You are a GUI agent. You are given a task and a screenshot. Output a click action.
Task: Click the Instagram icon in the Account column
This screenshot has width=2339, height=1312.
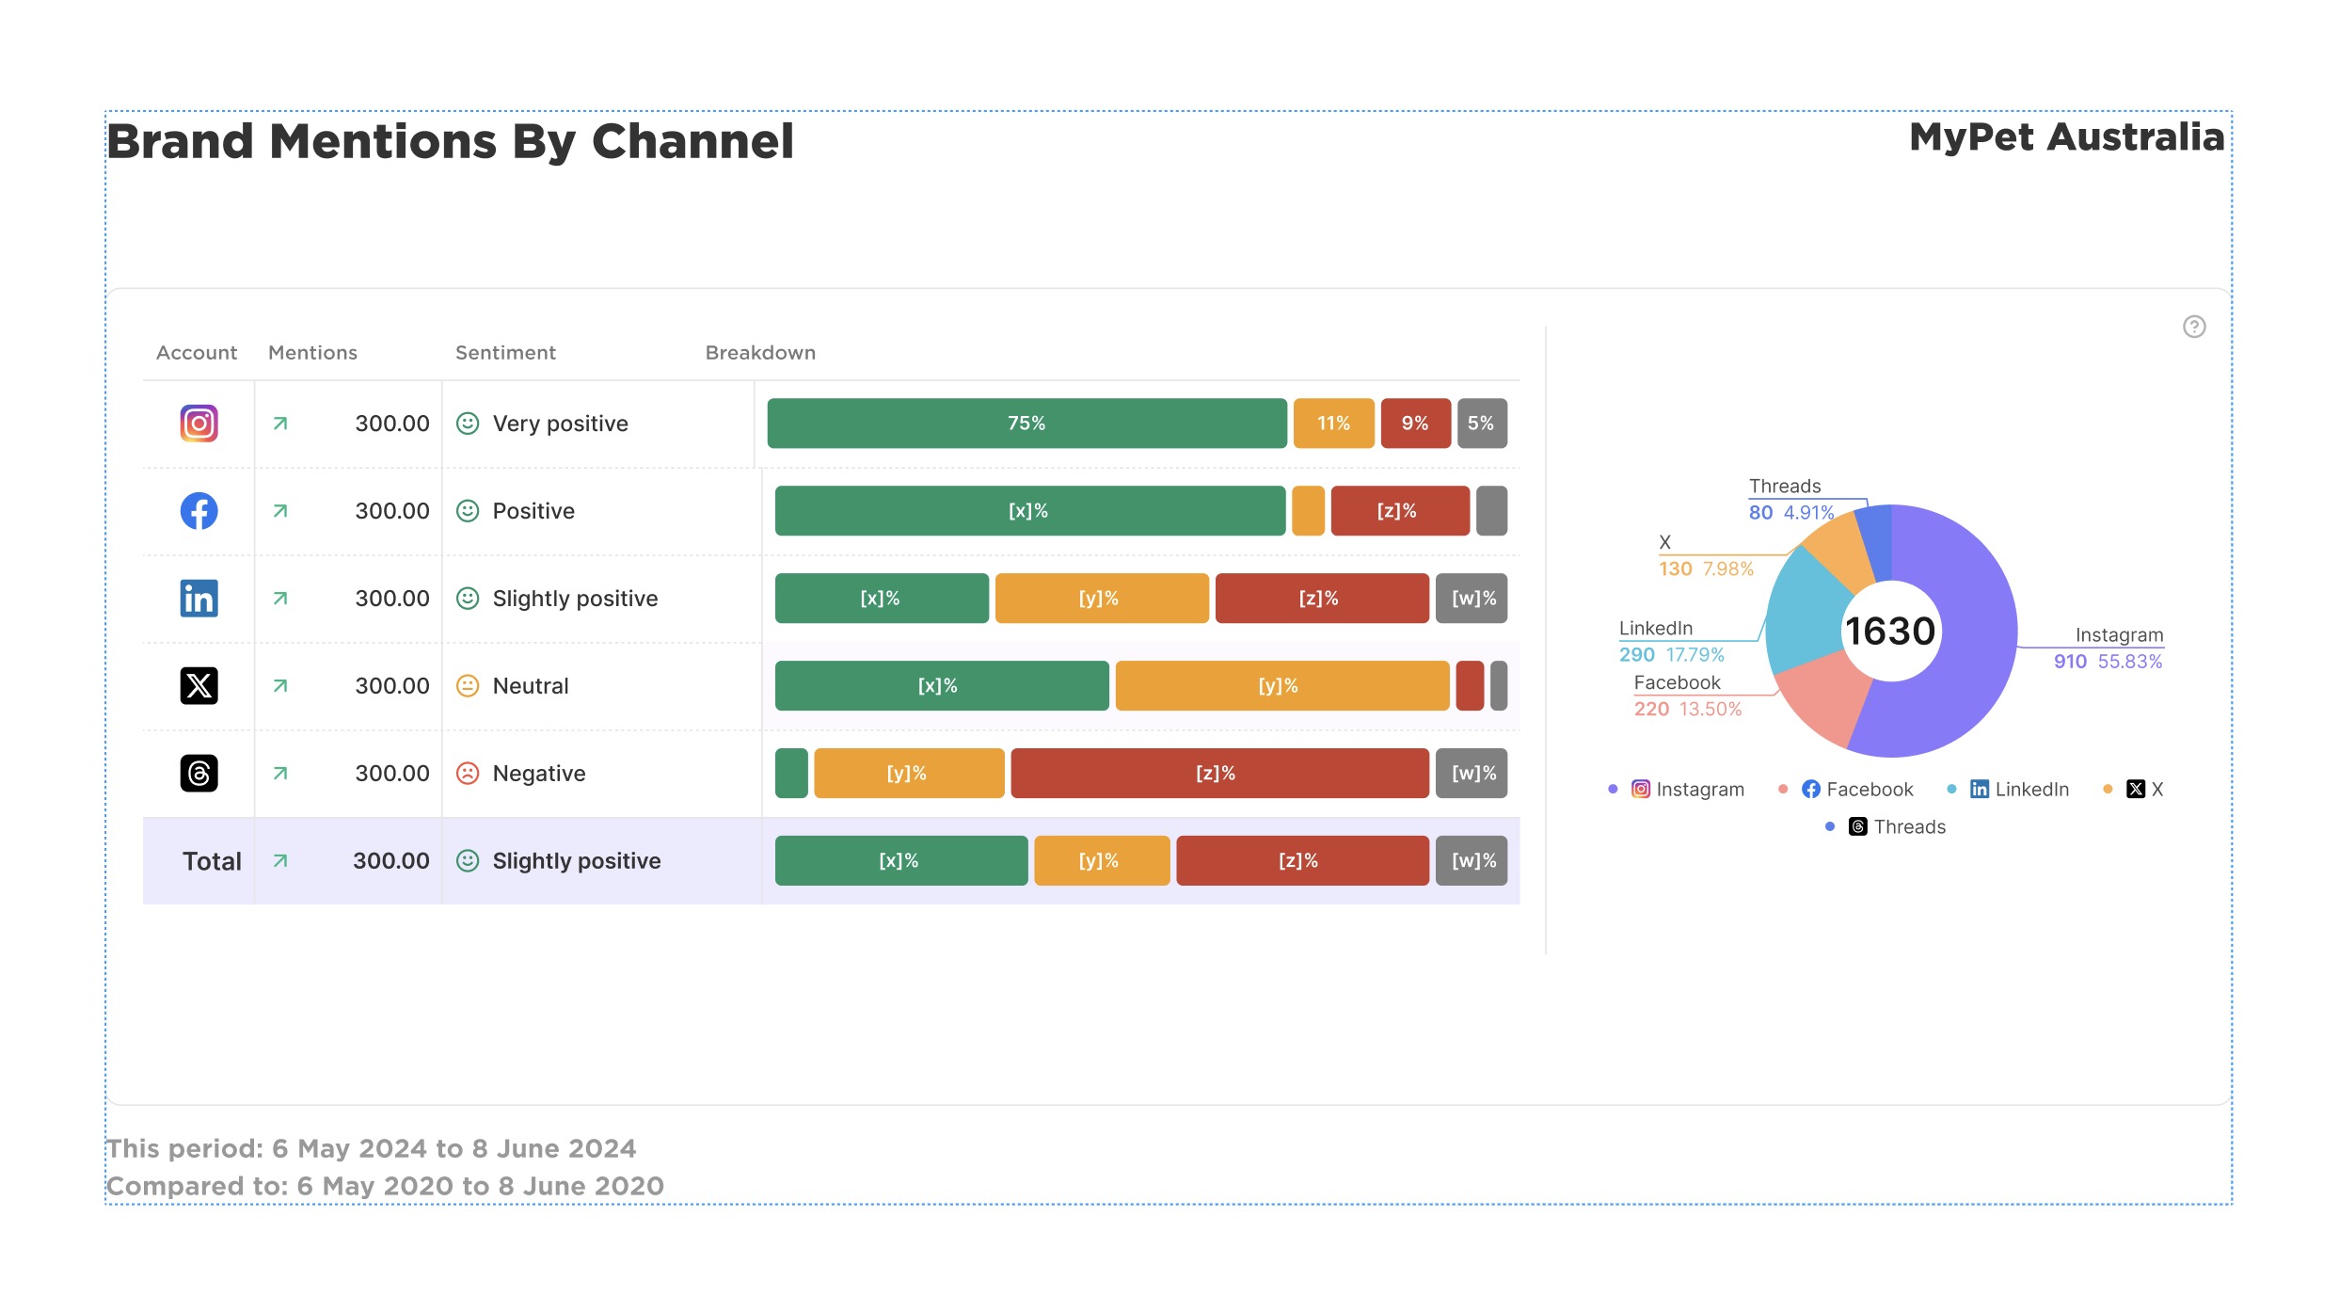[x=199, y=424]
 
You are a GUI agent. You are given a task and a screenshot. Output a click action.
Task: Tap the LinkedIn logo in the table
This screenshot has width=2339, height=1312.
[x=199, y=599]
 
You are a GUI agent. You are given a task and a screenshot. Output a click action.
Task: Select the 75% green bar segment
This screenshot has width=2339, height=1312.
[x=1026, y=424]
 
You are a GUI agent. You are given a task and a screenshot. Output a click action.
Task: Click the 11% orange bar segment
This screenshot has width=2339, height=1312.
[x=1333, y=424]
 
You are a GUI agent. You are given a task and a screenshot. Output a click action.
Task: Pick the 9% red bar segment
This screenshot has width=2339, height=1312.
[x=1415, y=424]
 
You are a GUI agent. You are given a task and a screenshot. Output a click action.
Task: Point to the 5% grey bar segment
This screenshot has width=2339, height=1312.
[x=1481, y=424]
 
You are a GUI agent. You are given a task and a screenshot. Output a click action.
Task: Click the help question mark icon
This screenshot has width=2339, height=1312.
[x=2194, y=327]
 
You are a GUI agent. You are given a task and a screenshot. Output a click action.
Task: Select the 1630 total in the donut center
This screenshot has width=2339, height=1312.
[x=1890, y=632]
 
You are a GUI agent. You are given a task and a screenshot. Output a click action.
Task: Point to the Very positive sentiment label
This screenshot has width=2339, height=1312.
[x=560, y=424]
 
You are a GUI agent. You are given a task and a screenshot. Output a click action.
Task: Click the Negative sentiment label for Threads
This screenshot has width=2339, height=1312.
[x=538, y=774]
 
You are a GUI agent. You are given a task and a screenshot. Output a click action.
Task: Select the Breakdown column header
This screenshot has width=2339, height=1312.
[x=760, y=353]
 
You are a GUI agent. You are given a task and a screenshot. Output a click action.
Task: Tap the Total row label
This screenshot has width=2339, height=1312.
[x=212, y=861]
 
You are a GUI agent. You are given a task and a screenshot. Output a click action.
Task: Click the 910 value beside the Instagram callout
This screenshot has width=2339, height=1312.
[x=2070, y=662]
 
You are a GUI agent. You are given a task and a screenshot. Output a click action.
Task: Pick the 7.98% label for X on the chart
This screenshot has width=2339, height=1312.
[x=1727, y=569]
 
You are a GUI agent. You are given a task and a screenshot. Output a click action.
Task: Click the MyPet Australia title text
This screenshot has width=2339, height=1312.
[x=2066, y=137]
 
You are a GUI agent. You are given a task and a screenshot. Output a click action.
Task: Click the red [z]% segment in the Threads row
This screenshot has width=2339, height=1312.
[x=1218, y=774]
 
